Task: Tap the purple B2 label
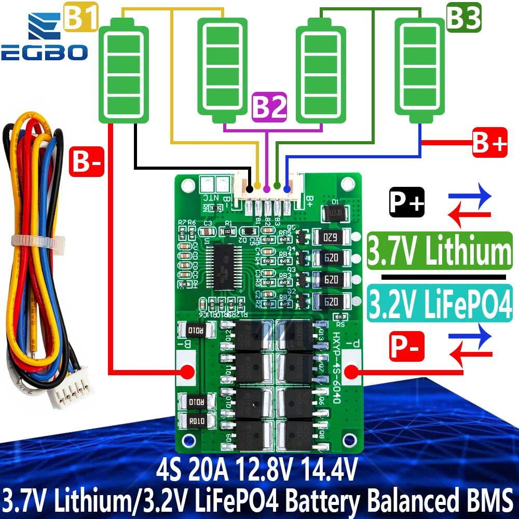(269, 108)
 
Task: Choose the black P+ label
(407, 203)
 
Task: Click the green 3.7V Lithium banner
(439, 251)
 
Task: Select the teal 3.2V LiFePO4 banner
(439, 302)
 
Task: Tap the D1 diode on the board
(335, 212)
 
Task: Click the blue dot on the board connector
(287, 185)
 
